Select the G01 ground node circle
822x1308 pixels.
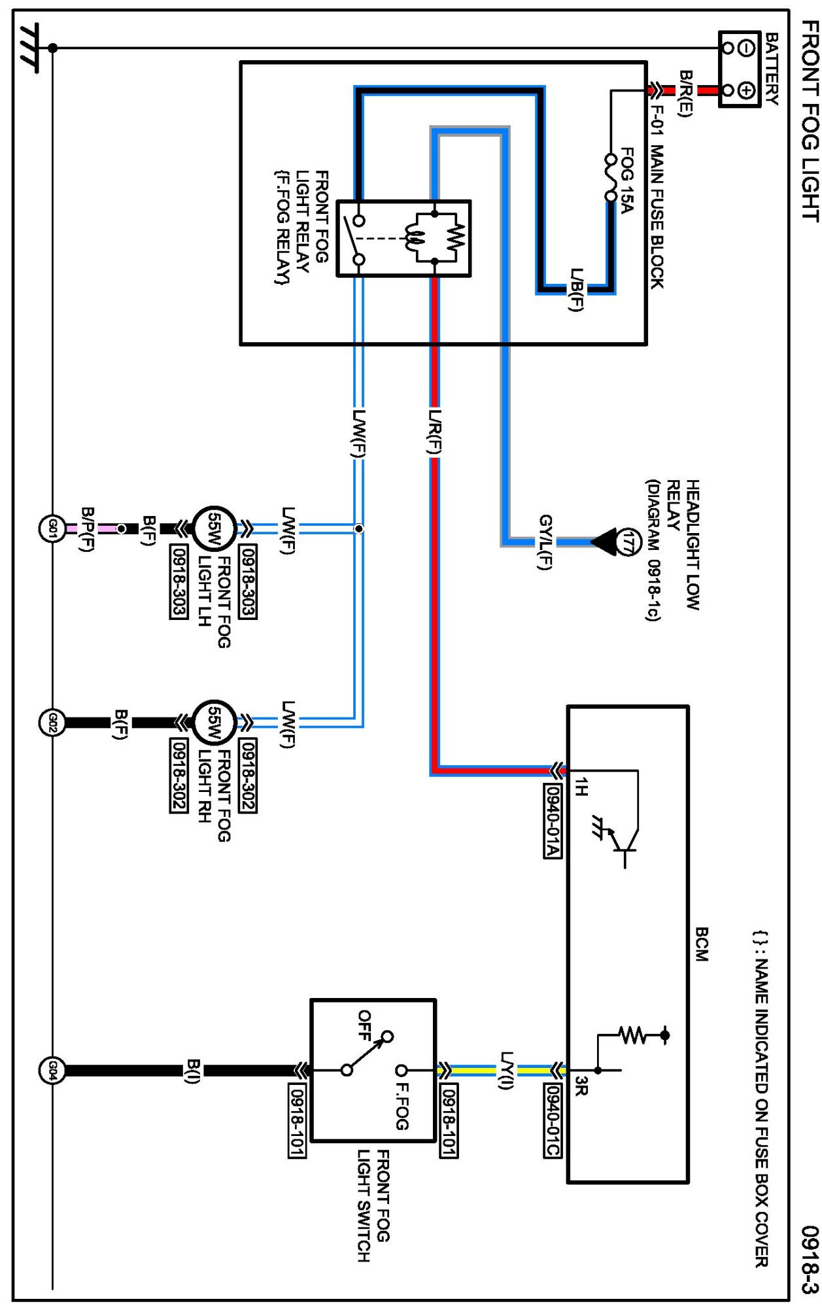[52, 528]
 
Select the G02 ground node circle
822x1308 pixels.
[52, 723]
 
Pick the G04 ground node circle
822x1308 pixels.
[52, 1071]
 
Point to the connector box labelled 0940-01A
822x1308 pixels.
[553, 820]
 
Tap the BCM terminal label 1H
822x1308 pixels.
[581, 786]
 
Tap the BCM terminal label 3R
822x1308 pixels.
[581, 1086]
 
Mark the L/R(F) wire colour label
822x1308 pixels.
[434, 432]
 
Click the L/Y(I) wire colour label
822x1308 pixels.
[507, 1071]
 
